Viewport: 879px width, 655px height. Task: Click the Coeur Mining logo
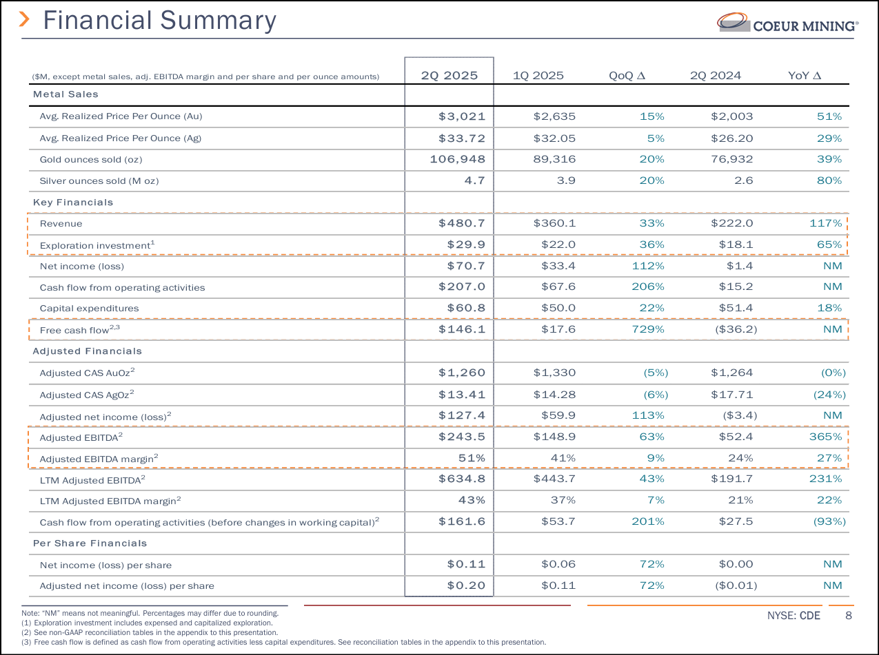(x=787, y=23)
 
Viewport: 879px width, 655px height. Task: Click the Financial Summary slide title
(x=159, y=21)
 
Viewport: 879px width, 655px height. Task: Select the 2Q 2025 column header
(x=449, y=76)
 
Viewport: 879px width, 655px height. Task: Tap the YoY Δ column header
(x=804, y=76)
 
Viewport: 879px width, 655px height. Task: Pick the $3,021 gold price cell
(x=462, y=116)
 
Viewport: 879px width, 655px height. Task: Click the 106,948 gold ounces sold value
(x=457, y=159)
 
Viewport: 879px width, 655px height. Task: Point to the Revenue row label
(x=61, y=224)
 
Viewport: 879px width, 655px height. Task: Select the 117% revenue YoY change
(x=825, y=223)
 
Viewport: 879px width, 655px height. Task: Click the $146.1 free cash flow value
(x=462, y=329)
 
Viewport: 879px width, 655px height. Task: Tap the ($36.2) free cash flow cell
(x=736, y=329)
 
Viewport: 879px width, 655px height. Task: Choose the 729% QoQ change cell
(x=648, y=329)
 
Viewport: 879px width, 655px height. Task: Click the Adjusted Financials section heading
(x=88, y=351)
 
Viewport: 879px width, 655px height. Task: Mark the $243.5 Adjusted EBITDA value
(x=462, y=437)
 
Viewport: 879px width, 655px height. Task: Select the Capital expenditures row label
(x=90, y=309)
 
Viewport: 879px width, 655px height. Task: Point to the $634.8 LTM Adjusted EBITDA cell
(x=462, y=479)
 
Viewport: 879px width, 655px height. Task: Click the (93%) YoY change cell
(x=829, y=521)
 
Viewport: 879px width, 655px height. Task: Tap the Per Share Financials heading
(x=90, y=543)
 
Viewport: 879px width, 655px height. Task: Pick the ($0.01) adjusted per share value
(x=736, y=585)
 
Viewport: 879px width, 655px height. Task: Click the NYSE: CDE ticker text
(x=794, y=616)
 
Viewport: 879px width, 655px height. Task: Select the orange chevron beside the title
(x=24, y=19)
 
